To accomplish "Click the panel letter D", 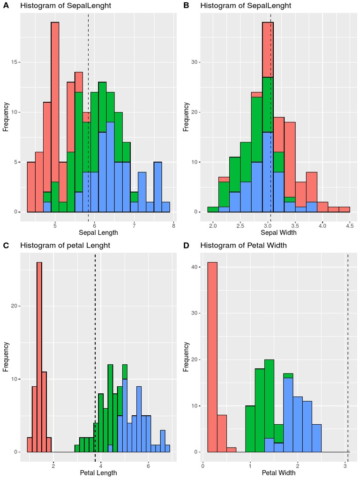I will pyautogui.click(x=187, y=245).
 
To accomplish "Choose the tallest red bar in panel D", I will pyautogui.click(x=212, y=356).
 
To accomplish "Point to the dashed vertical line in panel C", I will pyautogui.click(x=95, y=352).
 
